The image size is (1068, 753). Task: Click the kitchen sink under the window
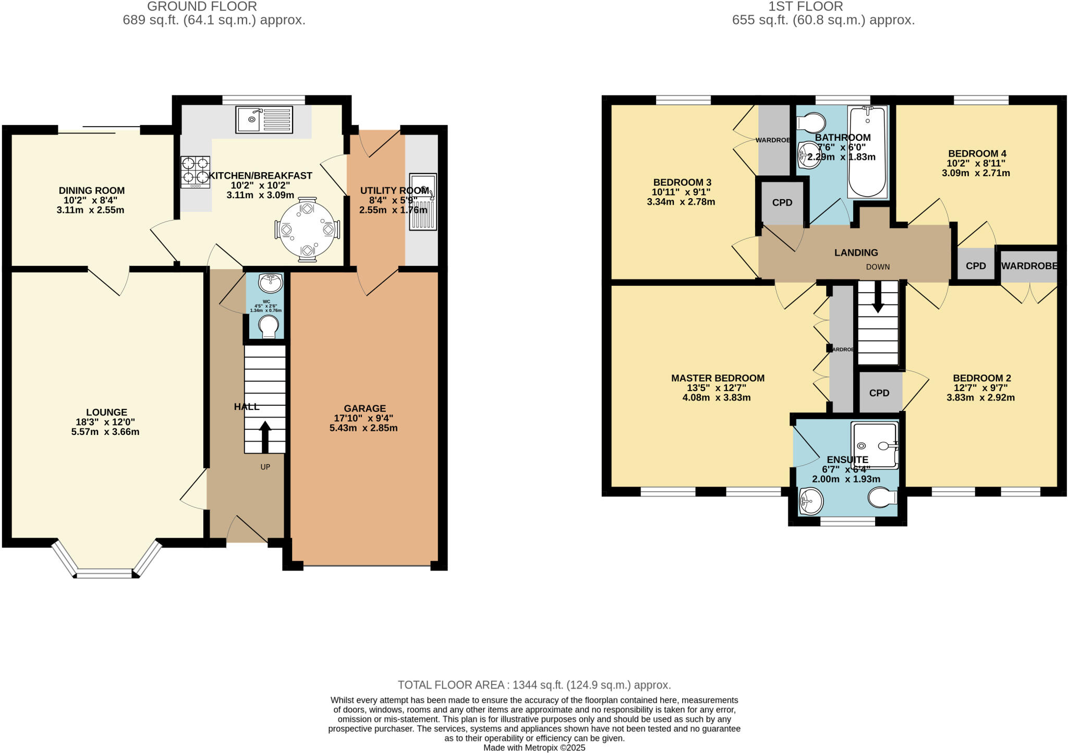coord(264,119)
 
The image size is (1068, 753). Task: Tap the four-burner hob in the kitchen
coord(195,172)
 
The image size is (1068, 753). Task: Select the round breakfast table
coord(307,229)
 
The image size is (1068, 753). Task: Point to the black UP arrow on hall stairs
coord(265,436)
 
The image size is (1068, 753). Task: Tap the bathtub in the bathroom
coord(867,152)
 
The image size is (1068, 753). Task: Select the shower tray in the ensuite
coord(875,444)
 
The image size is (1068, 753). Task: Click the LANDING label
coord(856,253)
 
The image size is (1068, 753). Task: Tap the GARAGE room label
coord(365,408)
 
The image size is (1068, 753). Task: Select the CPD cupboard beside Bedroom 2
coord(879,393)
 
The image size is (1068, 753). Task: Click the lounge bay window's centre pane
coord(104,574)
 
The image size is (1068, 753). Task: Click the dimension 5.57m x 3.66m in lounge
coord(105,432)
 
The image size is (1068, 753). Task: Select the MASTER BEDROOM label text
coord(718,378)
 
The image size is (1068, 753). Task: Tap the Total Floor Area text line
coord(534,685)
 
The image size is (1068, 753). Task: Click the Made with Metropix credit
coord(534,748)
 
